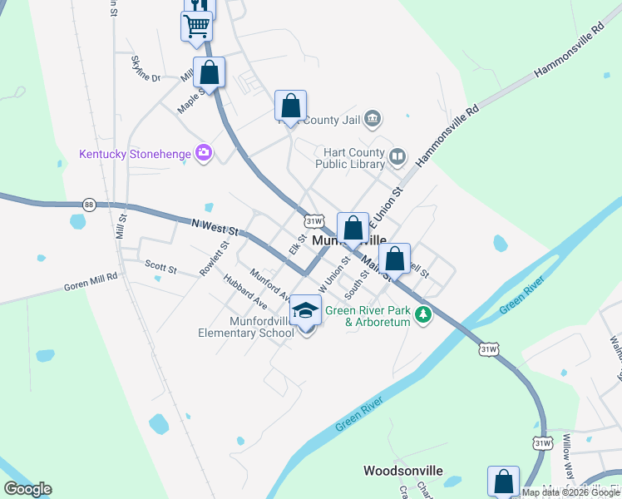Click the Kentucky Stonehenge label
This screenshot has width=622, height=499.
tap(134, 154)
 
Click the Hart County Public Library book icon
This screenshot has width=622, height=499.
tap(398, 156)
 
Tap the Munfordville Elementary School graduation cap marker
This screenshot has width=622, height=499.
tap(306, 310)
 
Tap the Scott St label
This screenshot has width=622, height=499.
tap(160, 268)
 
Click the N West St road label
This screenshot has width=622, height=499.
tap(215, 225)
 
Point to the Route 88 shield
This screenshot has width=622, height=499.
tap(89, 205)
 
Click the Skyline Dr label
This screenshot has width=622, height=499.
tap(145, 68)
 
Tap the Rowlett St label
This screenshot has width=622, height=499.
tap(213, 259)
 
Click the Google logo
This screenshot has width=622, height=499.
tap(27, 489)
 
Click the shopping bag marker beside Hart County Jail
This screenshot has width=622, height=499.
tap(290, 106)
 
